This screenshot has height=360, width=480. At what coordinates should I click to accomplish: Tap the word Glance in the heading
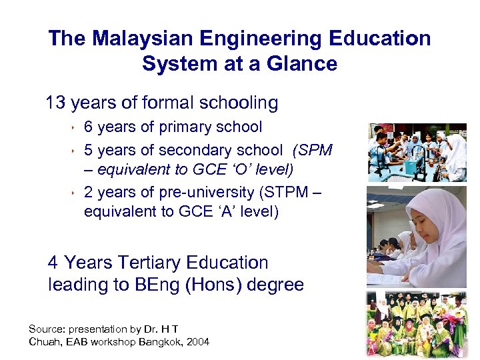[304, 64]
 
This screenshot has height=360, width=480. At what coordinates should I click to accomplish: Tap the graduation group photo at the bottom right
[417, 325]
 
